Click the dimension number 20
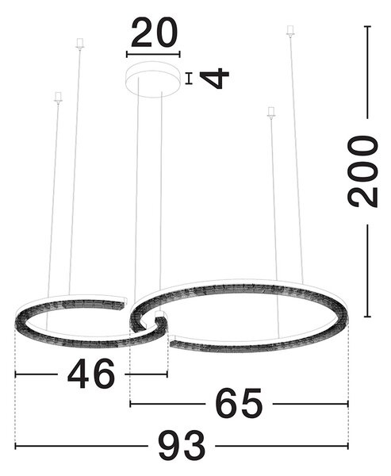tap(154, 33)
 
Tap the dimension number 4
tap(215, 79)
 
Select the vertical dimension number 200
tap(363, 171)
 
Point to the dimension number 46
tap(91, 374)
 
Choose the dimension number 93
tap(182, 446)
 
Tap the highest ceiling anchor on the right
tap(290, 31)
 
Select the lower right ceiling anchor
tap(271, 113)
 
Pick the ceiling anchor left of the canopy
tap(79, 44)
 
